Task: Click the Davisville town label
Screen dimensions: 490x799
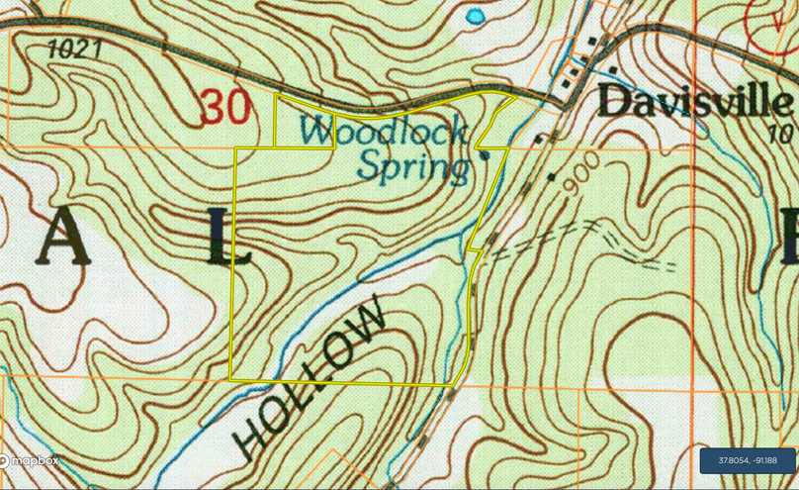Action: (x=695, y=102)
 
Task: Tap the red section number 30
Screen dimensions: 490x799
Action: (x=224, y=107)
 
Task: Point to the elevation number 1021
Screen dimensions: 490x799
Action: (x=75, y=48)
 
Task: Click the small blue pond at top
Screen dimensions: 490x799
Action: (x=476, y=17)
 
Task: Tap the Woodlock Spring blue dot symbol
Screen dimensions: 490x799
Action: (x=484, y=155)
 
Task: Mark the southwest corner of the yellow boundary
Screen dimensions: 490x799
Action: (x=230, y=380)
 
